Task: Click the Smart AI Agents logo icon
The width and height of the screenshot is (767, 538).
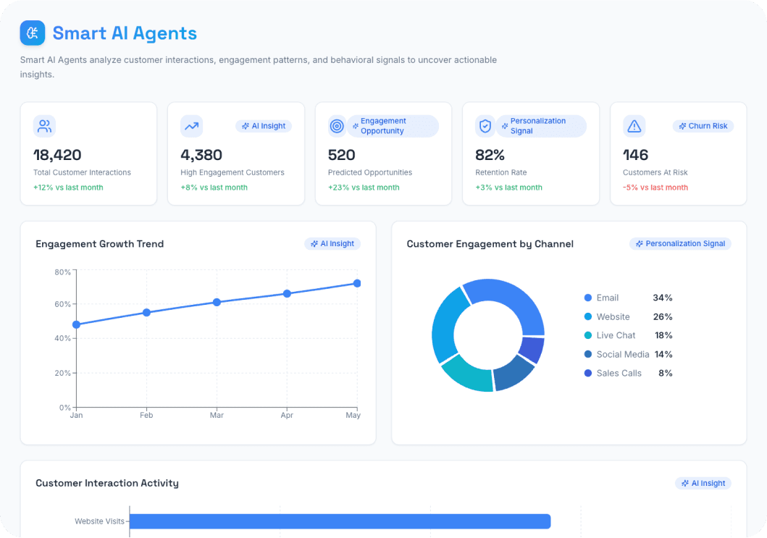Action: [33, 33]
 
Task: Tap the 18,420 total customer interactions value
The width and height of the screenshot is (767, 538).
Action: [57, 155]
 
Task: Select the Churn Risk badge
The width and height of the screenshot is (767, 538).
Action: [703, 126]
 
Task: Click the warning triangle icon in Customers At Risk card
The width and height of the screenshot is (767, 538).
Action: [634, 127]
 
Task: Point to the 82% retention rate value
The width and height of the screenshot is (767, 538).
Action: [490, 155]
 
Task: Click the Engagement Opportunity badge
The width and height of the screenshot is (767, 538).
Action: [393, 126]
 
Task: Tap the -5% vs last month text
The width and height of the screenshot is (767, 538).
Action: [655, 188]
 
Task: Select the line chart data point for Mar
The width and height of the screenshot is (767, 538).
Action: [217, 302]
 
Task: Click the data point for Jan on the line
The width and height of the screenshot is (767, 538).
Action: [77, 324]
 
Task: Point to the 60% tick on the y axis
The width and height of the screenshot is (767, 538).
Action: [63, 304]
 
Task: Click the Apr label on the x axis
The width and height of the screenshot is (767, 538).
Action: [287, 416]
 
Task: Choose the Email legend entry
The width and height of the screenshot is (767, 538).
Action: [607, 298]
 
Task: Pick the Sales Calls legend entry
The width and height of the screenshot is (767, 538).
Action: [619, 373]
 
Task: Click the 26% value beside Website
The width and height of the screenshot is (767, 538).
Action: [663, 316]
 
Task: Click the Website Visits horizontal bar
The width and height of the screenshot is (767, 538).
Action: [340, 521]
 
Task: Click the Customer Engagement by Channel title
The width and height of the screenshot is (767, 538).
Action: [490, 244]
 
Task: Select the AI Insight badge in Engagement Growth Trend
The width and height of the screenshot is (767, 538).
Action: [332, 244]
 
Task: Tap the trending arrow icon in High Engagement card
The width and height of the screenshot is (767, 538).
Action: [191, 127]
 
